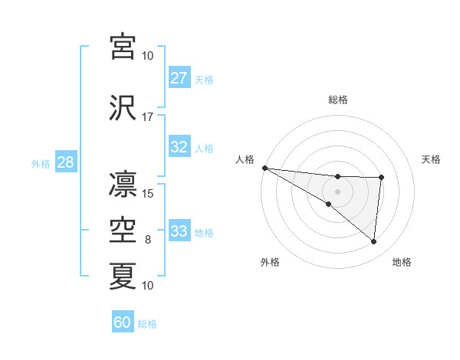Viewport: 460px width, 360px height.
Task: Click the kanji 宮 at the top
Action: [123, 47]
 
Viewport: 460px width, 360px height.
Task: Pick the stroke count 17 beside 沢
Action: [148, 117]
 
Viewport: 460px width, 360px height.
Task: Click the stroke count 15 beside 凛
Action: [148, 193]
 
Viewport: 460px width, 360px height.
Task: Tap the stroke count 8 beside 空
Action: [148, 240]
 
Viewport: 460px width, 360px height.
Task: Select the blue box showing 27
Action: [179, 77]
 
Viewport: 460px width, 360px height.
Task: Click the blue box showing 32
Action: [179, 147]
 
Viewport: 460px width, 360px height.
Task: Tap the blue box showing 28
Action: [65, 162]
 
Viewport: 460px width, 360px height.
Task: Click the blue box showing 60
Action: [123, 322]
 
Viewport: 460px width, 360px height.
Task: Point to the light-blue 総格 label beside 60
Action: [148, 324]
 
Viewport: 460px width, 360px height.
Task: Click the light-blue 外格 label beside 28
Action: [41, 163]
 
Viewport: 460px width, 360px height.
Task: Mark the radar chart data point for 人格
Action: [264, 168]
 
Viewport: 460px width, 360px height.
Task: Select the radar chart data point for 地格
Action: [374, 242]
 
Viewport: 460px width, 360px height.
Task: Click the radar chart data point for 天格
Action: [381, 178]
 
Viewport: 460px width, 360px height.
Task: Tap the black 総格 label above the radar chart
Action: [338, 100]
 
